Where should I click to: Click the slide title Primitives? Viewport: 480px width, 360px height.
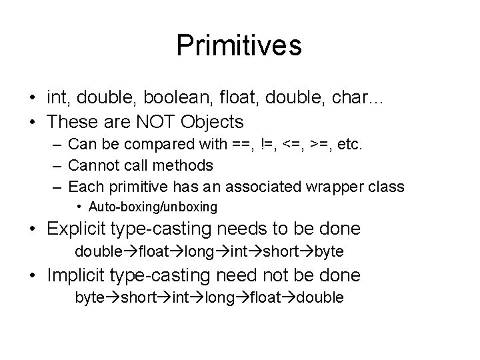point(239,46)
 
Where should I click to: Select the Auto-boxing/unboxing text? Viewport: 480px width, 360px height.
point(153,207)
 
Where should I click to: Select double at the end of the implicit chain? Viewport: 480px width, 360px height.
point(322,297)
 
